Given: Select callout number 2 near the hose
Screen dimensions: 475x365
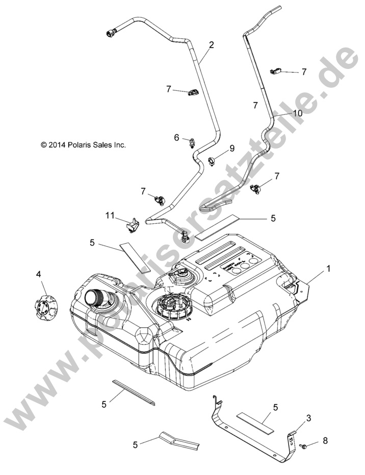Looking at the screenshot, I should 211,44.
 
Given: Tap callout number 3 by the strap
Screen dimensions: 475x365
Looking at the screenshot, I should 308,418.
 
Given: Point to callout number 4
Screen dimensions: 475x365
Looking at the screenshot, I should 38,274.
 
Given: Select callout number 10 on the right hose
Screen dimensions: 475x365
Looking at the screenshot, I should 297,112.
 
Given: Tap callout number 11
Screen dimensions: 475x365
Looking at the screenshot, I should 110,216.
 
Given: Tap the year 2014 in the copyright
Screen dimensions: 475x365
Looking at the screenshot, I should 57,145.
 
